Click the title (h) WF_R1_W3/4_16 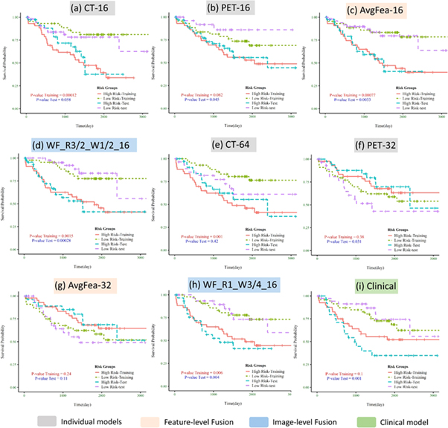[x=221, y=284]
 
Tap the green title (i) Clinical [x=368, y=284]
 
